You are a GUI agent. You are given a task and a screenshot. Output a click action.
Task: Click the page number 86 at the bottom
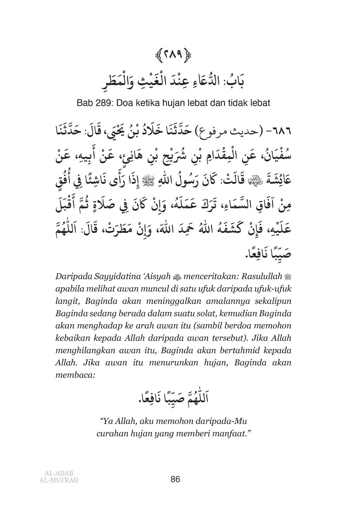click(175, 479)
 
